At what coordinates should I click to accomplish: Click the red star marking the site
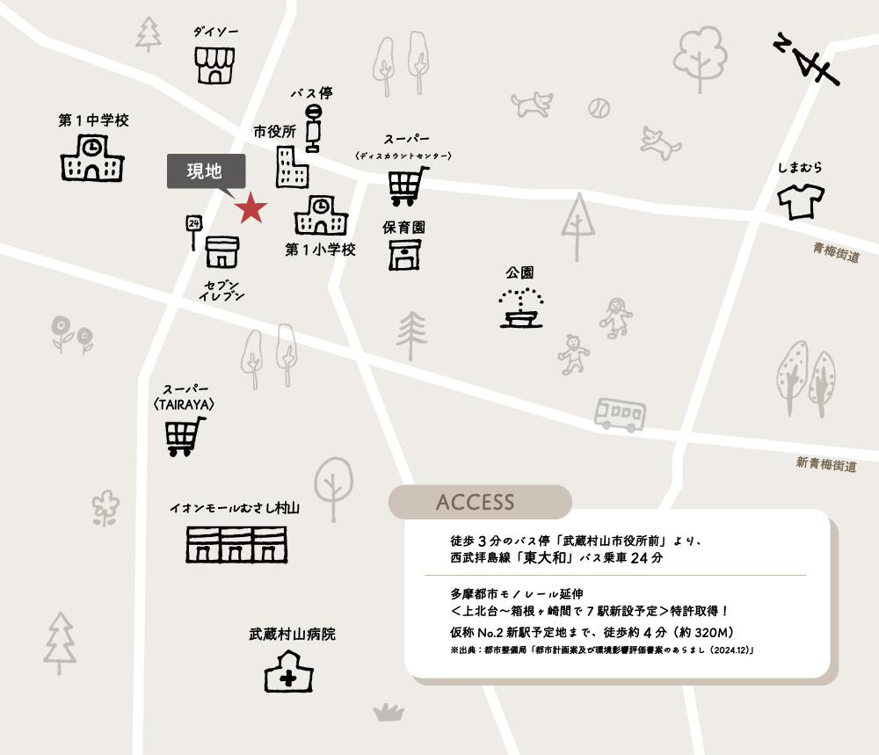[251, 207]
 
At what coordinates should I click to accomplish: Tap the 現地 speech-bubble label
[206, 172]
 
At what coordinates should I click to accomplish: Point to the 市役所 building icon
[292, 167]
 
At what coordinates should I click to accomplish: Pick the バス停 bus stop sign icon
[312, 128]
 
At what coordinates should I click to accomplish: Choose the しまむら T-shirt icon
[801, 201]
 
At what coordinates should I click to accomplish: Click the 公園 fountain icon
[520, 309]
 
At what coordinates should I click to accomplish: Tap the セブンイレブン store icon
[222, 251]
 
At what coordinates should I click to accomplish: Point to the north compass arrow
[809, 60]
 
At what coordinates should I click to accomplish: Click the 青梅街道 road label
[836, 252]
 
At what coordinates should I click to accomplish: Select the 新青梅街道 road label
[826, 463]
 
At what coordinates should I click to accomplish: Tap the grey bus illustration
[620, 413]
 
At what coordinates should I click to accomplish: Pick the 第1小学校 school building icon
[321, 215]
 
